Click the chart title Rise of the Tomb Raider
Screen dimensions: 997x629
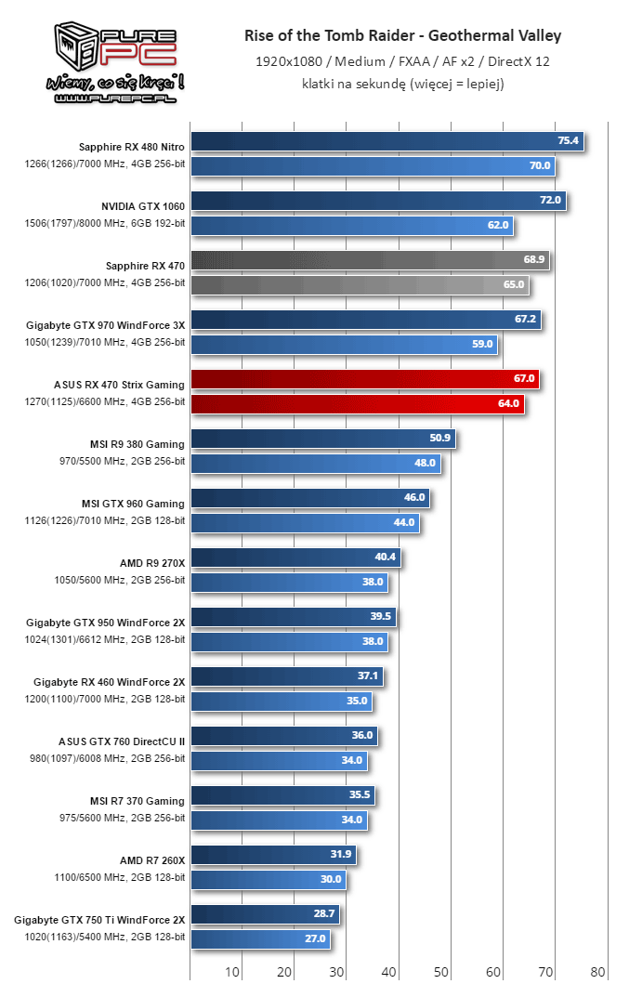click(402, 36)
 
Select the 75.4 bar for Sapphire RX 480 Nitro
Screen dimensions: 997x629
click(387, 142)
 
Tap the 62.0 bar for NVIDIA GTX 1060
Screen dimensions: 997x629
click(351, 226)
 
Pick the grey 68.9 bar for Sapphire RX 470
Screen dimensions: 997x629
click(370, 261)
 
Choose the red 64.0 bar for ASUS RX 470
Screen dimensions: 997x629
click(357, 404)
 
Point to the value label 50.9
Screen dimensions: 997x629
click(439, 439)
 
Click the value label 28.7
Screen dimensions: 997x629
click(323, 914)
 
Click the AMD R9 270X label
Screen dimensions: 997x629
click(152, 563)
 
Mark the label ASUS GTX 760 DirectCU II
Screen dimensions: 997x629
click(121, 741)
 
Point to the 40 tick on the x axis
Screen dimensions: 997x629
click(389, 973)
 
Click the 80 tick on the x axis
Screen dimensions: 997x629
click(597, 973)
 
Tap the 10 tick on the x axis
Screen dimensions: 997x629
click(232, 973)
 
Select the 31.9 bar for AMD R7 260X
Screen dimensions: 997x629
click(273, 855)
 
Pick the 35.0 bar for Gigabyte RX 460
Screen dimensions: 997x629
click(282, 702)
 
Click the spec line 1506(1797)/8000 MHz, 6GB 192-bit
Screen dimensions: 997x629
click(105, 224)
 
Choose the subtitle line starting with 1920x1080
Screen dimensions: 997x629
click(402, 61)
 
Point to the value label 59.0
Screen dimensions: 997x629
click(483, 345)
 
